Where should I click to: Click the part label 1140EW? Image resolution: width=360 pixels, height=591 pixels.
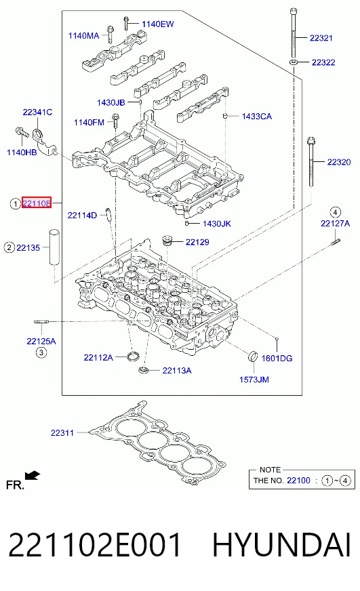tap(157, 24)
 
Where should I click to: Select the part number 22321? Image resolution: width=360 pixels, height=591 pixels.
tap(321, 38)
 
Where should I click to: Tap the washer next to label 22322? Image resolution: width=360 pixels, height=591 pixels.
tap(294, 62)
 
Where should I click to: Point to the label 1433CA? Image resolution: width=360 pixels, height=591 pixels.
tap(257, 117)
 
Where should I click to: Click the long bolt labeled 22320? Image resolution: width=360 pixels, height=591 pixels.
tap(311, 162)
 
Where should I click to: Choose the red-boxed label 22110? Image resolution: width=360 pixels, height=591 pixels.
tap(37, 203)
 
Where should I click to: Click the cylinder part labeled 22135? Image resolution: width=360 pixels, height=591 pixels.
tap(55, 247)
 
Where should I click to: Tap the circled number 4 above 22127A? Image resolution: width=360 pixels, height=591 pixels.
tap(335, 212)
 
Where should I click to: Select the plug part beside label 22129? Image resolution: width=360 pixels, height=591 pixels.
tap(167, 240)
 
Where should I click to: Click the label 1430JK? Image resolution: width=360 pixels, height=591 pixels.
tap(217, 224)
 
